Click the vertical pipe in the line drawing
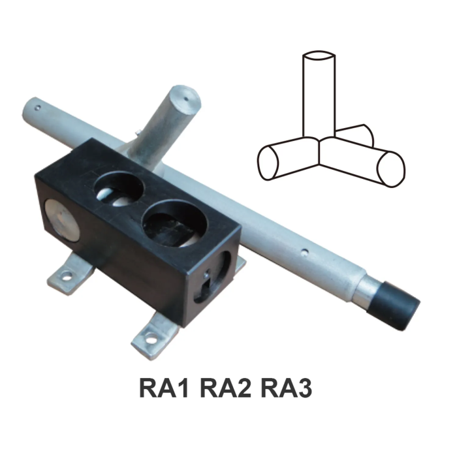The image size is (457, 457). click(x=320, y=98)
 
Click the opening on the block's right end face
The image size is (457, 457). click(x=217, y=274)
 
